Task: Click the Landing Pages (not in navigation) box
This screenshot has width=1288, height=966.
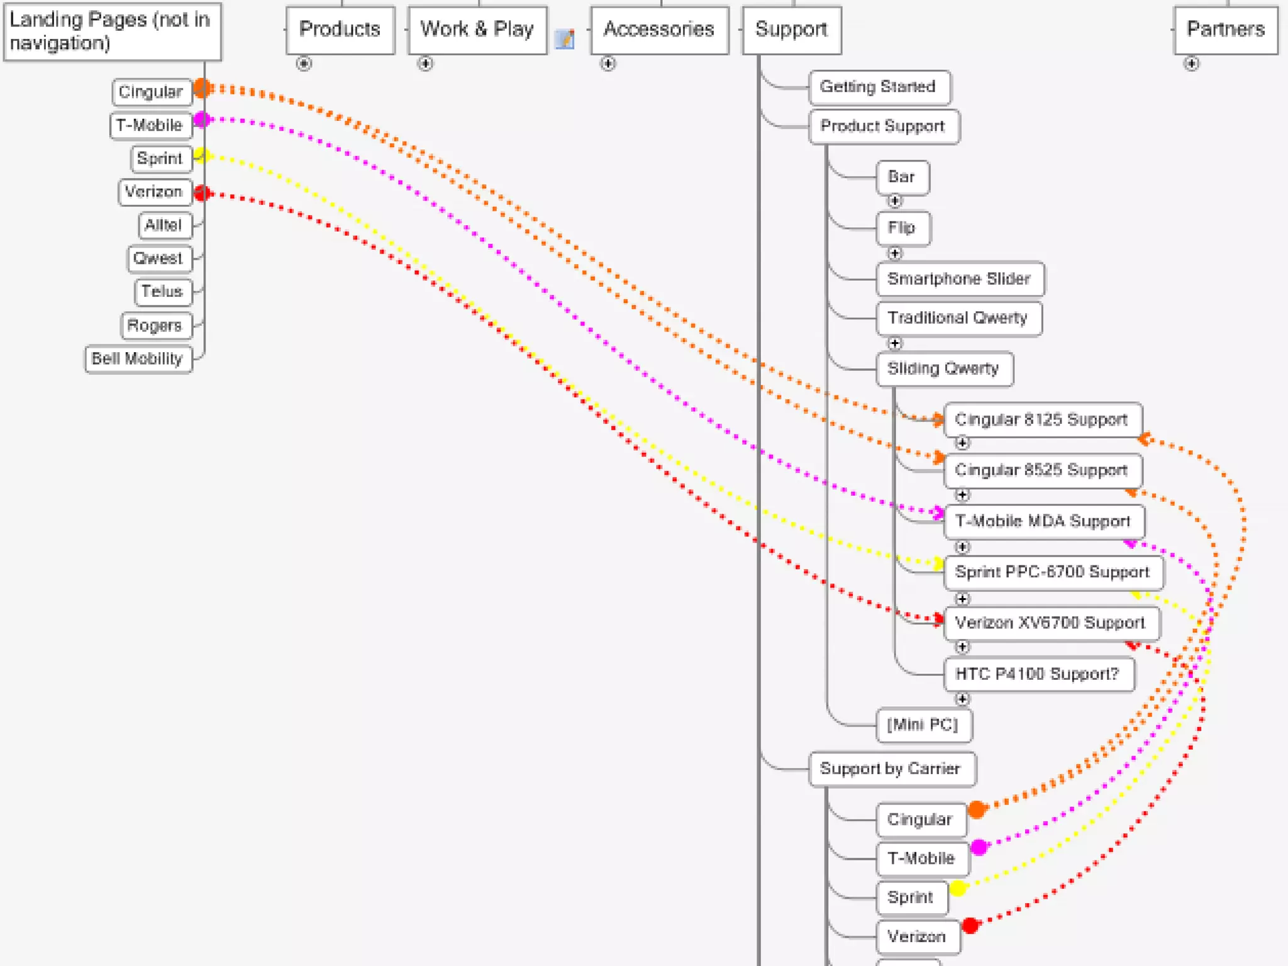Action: [x=112, y=31]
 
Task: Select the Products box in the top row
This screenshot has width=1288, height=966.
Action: [x=340, y=30]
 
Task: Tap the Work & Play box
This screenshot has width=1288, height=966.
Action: [x=477, y=30]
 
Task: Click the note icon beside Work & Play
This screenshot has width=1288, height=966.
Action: [x=565, y=39]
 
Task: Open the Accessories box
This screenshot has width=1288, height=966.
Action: [x=658, y=30]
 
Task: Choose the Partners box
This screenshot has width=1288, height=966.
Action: [x=1225, y=30]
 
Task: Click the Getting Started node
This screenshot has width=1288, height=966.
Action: [x=878, y=87]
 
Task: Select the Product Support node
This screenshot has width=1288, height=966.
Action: [x=882, y=126]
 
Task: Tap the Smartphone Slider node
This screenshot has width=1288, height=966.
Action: [x=958, y=279]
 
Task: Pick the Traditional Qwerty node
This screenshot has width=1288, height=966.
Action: [x=957, y=318]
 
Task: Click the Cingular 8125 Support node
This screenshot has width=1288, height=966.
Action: [x=1041, y=419]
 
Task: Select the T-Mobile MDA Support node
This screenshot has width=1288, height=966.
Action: [x=1043, y=521]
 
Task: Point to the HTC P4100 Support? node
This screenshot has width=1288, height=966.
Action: [x=1038, y=674]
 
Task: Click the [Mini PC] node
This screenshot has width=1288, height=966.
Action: [x=923, y=725]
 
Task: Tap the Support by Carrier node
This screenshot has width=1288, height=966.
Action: [x=891, y=769]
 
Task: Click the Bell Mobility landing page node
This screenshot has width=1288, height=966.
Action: [x=138, y=359]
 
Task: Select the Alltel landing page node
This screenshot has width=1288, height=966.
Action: [x=164, y=225]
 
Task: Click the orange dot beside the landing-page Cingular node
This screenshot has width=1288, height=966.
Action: [x=202, y=87]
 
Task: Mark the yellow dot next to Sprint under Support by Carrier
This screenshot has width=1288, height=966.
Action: [x=958, y=888]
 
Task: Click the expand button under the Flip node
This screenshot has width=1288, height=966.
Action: [x=894, y=253]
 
